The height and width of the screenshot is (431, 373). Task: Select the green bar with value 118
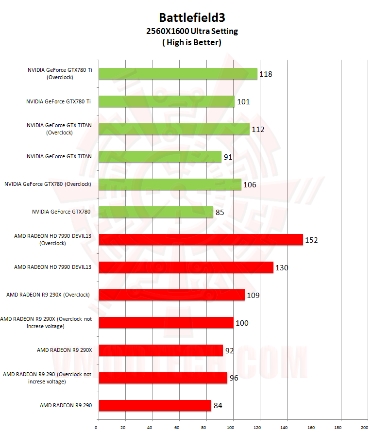(178, 74)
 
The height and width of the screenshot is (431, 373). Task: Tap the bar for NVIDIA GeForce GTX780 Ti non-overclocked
(167, 101)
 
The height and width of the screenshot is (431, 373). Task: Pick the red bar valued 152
(201, 240)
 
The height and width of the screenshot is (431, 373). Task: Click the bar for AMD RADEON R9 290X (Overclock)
(171, 295)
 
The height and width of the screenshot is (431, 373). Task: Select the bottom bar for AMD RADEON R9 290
(155, 405)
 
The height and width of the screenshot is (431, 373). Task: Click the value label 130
(282, 267)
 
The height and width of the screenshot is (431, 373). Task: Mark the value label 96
(234, 378)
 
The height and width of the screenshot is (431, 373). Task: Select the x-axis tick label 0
(96, 427)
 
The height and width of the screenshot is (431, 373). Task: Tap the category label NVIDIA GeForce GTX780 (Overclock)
(48, 184)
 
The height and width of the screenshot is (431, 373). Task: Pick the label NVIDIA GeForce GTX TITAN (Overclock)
(59, 129)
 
